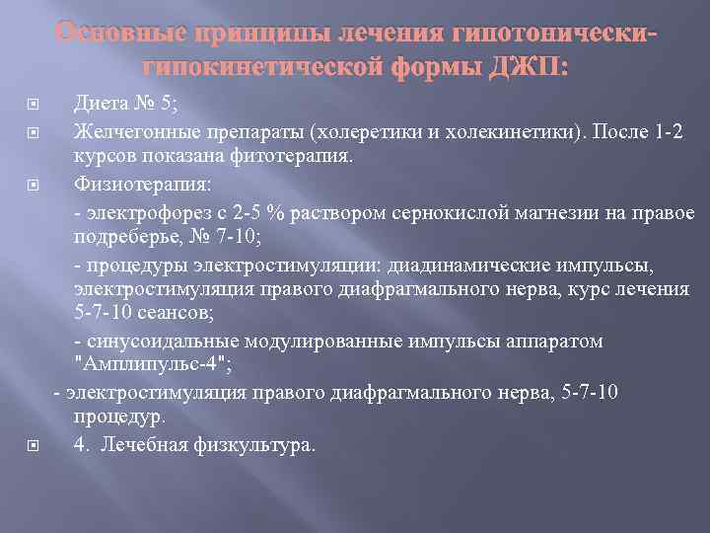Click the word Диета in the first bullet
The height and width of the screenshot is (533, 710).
[x=103, y=107]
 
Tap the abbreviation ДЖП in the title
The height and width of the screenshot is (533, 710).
[x=532, y=65]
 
